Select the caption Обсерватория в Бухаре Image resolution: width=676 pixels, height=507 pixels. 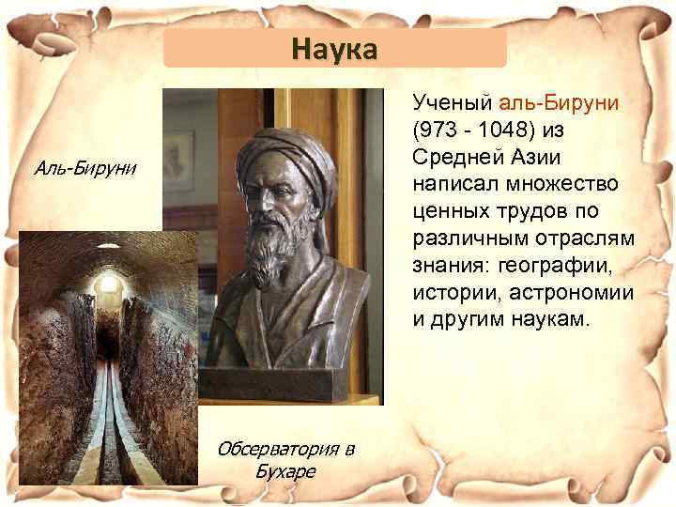point(286,458)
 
